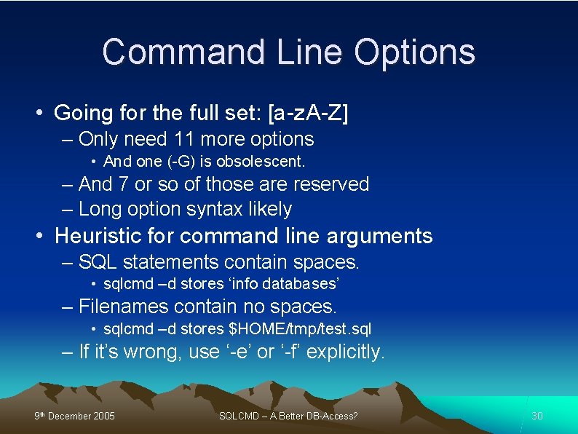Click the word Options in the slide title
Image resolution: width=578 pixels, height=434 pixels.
pyautogui.click(x=415, y=52)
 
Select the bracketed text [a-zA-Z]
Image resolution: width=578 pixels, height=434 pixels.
pyautogui.click(x=308, y=114)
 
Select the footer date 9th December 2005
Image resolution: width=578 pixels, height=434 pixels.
pyautogui.click(x=75, y=417)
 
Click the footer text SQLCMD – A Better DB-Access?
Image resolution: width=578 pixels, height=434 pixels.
pyautogui.click(x=288, y=417)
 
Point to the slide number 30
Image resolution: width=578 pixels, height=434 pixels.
pyautogui.click(x=537, y=417)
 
